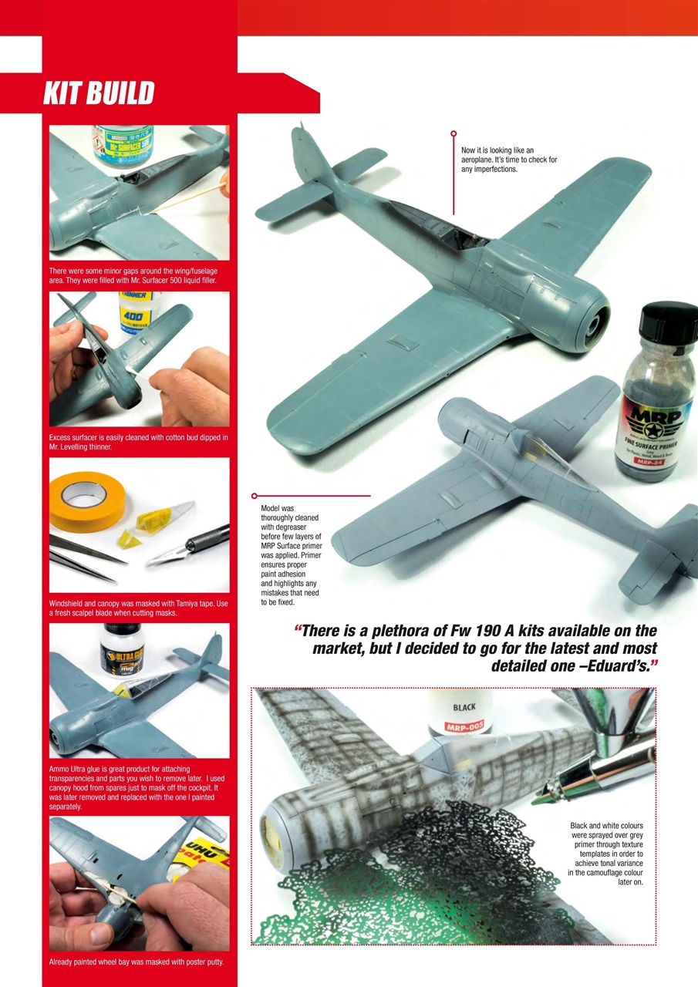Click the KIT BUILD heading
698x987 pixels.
99,93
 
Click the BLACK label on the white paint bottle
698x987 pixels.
464,706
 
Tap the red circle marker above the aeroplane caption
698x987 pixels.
454,133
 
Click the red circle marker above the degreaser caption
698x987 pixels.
254,496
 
